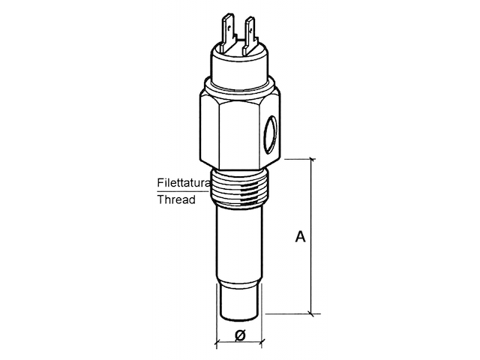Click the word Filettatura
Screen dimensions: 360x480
coord(182,182)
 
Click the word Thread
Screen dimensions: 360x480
coord(176,199)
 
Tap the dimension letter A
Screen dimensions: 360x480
coord(299,237)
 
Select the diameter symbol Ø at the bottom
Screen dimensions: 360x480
coord(240,335)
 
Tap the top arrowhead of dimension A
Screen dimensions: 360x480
coord(313,163)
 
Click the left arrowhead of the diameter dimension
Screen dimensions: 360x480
coord(219,343)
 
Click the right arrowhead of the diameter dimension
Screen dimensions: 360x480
coord(261,343)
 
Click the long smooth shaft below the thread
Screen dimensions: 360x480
coord(240,240)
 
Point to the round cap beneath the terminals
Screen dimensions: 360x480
coord(239,64)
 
